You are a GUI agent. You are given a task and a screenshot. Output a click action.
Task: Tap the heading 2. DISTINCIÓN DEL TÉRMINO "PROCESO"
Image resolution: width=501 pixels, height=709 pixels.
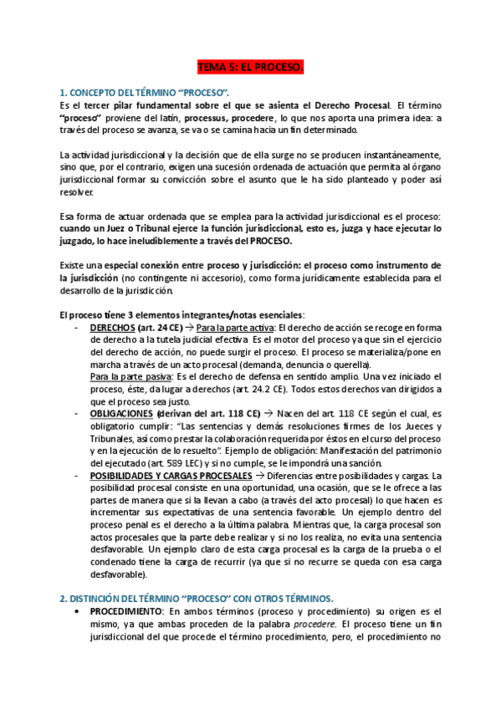point(197,598)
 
